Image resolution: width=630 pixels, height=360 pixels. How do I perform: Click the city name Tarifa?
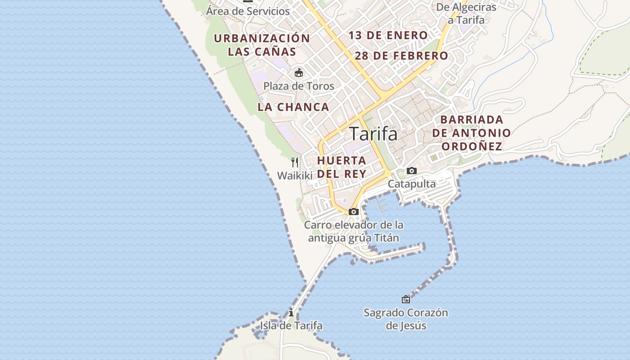pos(373,134)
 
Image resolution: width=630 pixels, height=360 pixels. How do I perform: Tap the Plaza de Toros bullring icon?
pos(298,72)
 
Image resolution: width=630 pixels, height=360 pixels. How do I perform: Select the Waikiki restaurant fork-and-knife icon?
pos(295,162)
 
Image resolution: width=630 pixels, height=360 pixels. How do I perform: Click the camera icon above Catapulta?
pos(411,171)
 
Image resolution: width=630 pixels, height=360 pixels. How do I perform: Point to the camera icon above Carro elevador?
pos(353,211)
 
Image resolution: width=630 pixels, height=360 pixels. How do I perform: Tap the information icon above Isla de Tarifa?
pos(291,312)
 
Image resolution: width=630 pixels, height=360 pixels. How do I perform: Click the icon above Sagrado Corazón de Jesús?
pos(405,299)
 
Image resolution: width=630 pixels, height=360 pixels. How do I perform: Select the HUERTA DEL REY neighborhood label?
pos(342,167)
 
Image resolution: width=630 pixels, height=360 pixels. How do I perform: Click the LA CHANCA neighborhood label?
pos(293,107)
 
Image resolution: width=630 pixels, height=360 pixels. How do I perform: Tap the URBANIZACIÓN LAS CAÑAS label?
pos(262,45)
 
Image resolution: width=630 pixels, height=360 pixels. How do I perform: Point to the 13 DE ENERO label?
pos(388,35)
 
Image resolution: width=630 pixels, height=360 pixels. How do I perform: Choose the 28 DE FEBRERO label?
pos(401,56)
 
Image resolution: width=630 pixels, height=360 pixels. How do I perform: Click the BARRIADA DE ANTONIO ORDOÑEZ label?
pos(472,133)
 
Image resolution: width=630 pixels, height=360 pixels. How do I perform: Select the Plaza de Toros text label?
pos(299,86)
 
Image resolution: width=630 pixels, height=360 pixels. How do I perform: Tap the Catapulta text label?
pos(411,184)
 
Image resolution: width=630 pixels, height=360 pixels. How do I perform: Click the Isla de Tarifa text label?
pos(291,325)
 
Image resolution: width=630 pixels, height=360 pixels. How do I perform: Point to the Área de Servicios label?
pos(248,11)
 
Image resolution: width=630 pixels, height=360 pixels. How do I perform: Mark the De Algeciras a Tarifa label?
pos(466,13)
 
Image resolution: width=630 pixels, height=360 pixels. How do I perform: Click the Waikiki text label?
pos(294,175)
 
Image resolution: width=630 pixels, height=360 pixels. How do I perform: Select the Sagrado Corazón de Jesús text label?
pos(405,319)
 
